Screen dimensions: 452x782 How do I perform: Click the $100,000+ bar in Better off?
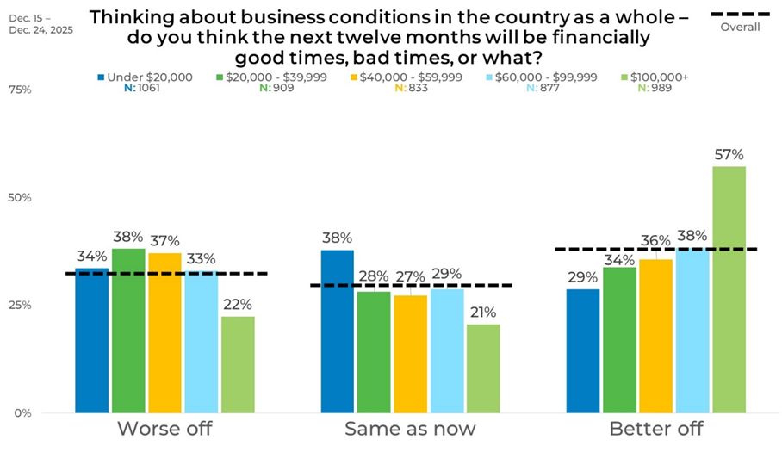click(x=729, y=289)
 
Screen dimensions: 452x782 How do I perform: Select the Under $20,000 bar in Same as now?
click(x=337, y=331)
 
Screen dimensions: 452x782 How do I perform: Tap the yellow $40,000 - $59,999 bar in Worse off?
click(x=164, y=333)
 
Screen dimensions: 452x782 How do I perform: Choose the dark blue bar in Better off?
click(x=583, y=350)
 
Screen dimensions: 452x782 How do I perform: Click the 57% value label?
click(x=729, y=156)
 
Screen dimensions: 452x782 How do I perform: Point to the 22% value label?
click(x=238, y=305)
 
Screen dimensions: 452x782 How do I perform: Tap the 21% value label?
click(x=483, y=313)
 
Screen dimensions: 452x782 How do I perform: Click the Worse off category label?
click(x=164, y=429)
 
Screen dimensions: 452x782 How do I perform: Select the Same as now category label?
click(x=410, y=429)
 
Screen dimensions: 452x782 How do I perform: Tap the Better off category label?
click(x=655, y=429)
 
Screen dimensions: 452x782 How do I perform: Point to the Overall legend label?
click(x=739, y=27)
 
